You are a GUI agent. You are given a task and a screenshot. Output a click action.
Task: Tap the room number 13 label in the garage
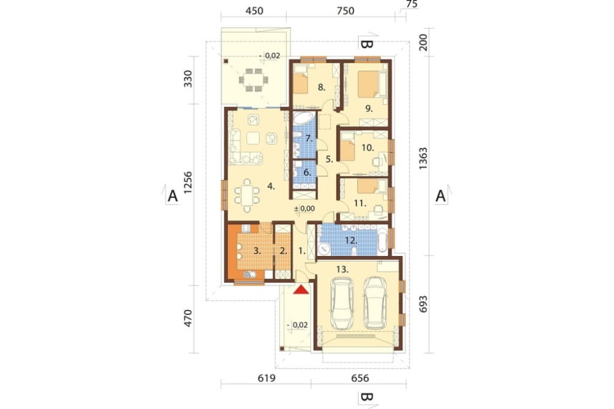pos(343,269)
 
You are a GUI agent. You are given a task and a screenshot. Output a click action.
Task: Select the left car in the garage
pos(342,303)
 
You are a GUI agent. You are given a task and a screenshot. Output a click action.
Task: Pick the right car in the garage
pos(375,303)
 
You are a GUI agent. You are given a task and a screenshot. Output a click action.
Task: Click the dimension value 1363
pos(423,158)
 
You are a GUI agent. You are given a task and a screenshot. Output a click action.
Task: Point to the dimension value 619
pos(266,378)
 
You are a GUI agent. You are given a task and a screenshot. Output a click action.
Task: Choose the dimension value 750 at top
pos(345,10)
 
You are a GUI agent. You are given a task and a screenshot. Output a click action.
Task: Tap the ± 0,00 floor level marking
pos(305,209)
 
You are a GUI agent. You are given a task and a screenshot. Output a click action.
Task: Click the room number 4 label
pos(271,186)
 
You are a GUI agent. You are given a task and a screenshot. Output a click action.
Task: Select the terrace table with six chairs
pos(254,80)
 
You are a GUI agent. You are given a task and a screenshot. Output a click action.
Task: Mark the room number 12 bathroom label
pos(351,241)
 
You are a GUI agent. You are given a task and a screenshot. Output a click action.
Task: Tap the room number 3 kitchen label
pos(257,251)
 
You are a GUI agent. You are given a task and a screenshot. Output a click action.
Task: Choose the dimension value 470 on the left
pos(188,318)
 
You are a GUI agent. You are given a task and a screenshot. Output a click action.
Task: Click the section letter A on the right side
pos(440,195)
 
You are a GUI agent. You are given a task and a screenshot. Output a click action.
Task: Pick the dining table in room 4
pos(247,195)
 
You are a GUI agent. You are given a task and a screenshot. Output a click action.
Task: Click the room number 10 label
pos(368,147)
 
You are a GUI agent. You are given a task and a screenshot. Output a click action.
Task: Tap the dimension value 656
pos(360,378)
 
